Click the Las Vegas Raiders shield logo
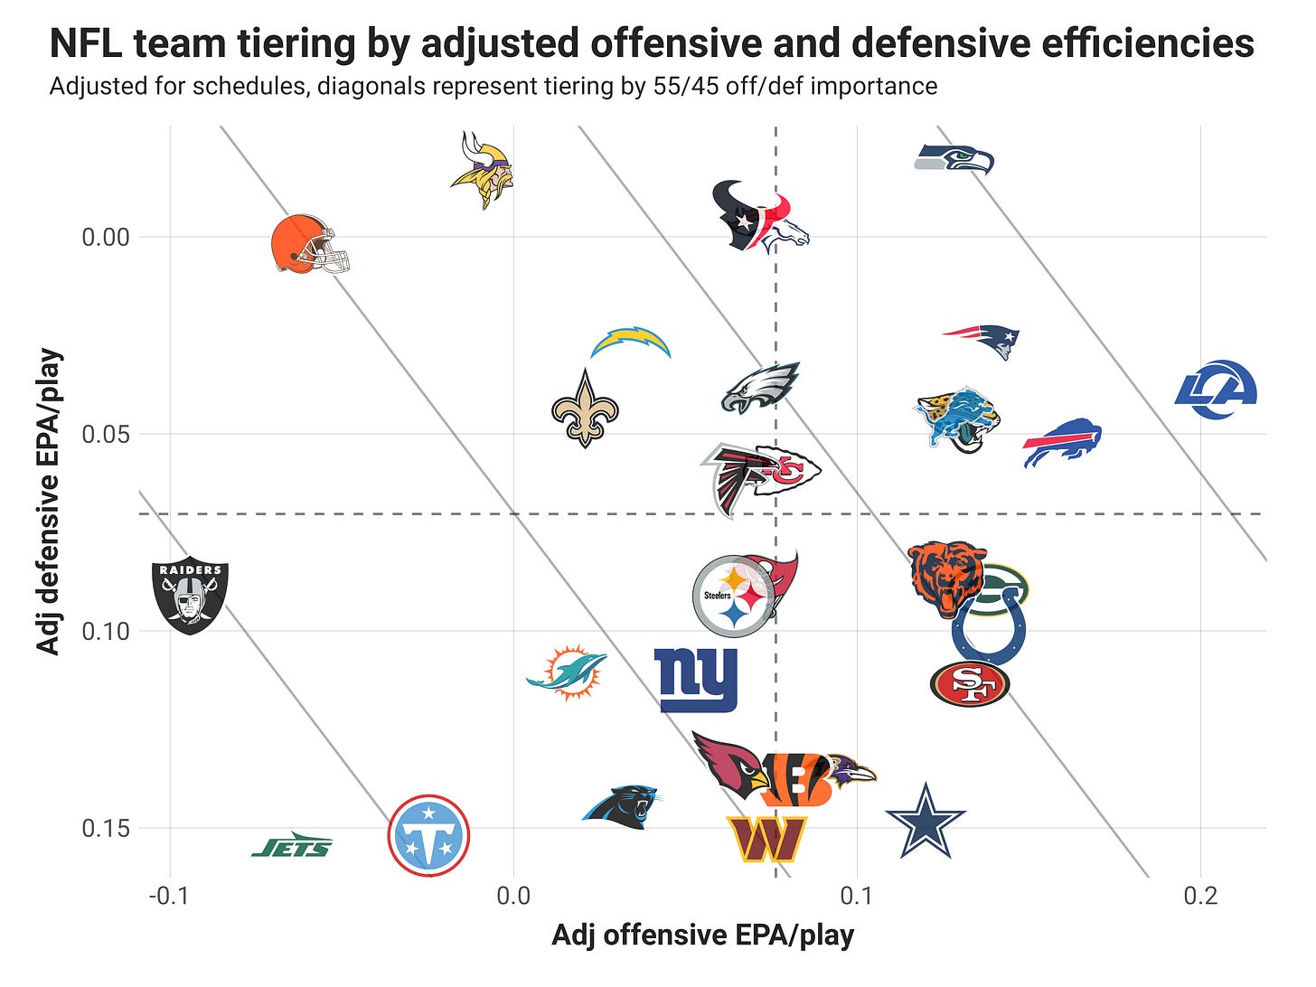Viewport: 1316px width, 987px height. click(x=190, y=597)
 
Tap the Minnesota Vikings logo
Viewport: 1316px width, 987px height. click(x=483, y=170)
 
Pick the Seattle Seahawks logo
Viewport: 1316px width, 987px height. click(x=954, y=159)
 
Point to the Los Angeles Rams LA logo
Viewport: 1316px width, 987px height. click(x=1216, y=390)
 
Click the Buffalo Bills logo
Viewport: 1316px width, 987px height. click(x=1062, y=443)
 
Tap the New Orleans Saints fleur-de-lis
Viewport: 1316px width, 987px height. click(x=585, y=409)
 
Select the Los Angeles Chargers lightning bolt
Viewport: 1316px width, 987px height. click(x=631, y=343)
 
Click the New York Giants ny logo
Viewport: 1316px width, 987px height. click(x=695, y=681)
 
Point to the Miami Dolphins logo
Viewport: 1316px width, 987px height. click(x=567, y=672)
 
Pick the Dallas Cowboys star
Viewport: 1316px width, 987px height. click(x=926, y=821)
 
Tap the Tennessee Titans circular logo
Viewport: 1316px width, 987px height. click(x=428, y=835)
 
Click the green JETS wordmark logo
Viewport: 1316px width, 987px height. click(x=292, y=844)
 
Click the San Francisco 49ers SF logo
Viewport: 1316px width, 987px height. click(x=970, y=684)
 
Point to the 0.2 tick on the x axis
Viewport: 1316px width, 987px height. click(x=1201, y=897)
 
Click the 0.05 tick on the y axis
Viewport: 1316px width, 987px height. click(x=106, y=434)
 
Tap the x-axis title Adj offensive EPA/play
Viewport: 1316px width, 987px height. click(x=702, y=935)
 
